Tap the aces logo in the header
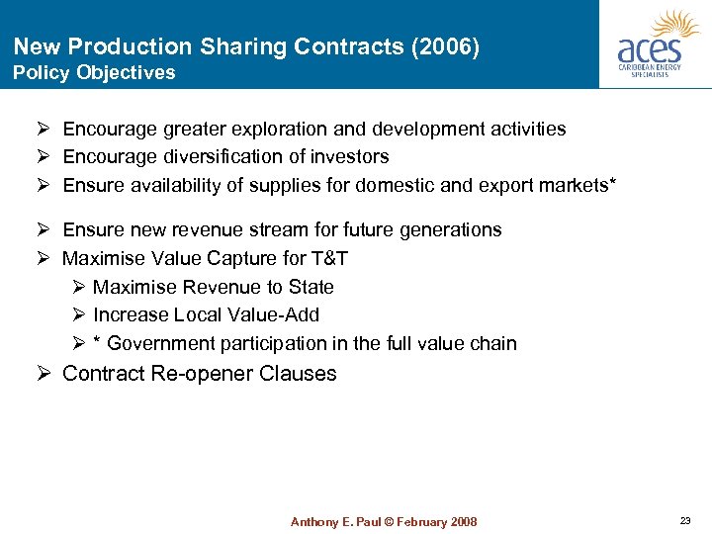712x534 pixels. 657,44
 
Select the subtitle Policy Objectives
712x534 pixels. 94,72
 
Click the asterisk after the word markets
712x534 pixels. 613,183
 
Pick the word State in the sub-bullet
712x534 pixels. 311,287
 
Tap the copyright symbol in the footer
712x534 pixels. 388,521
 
